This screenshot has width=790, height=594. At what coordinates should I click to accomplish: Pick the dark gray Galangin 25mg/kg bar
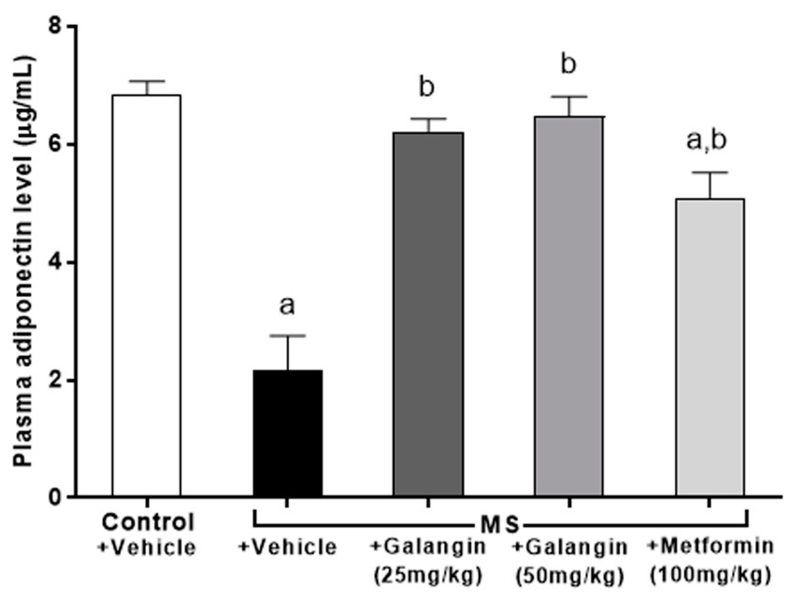[428, 314]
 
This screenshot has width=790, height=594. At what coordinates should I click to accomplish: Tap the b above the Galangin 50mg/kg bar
[568, 64]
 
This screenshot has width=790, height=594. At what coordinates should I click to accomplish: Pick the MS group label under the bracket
[498, 525]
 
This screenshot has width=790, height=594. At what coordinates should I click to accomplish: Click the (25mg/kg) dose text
[428, 574]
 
